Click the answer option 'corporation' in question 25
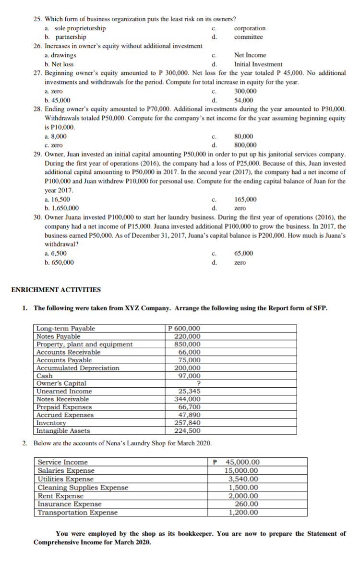pyautogui.click(x=250, y=28)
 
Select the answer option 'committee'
pyautogui.click(x=248, y=37)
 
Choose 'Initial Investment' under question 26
pyautogui.click(x=258, y=64)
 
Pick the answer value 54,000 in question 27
pyautogui.click(x=244, y=100)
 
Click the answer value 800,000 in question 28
pyautogui.click(x=245, y=145)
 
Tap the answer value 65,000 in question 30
pyautogui.click(x=244, y=253)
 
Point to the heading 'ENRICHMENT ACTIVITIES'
pyautogui.click(x=56, y=290)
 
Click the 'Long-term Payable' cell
pyautogui.click(x=66, y=329)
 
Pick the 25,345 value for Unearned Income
pyautogui.click(x=189, y=391)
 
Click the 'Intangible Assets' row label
pyautogui.click(x=63, y=430)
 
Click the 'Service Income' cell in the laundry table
pyautogui.click(x=62, y=462)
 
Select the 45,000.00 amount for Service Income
pyautogui.click(x=242, y=462)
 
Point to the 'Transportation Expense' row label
pyautogui.click(x=77, y=512)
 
